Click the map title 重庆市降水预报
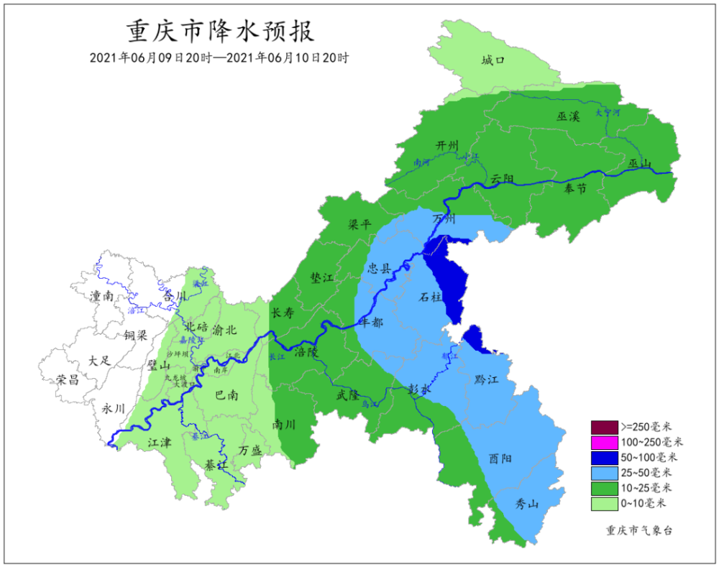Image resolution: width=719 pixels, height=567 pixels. point(220,32)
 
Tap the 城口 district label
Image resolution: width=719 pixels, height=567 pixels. point(493,61)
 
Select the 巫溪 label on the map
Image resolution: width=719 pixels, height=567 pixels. point(567,116)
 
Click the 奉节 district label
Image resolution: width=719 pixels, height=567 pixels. point(574,188)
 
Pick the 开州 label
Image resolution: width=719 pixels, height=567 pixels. point(446,146)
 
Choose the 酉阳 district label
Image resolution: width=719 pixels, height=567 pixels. point(501,458)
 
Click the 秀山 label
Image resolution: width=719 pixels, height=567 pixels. point(527,504)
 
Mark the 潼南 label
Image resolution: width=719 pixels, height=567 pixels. point(101,295)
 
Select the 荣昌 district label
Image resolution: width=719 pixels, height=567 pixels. point(68,379)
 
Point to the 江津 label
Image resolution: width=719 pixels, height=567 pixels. point(160,443)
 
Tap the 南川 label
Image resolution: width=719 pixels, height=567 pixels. point(283,425)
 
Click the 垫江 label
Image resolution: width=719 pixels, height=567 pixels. point(321,277)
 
